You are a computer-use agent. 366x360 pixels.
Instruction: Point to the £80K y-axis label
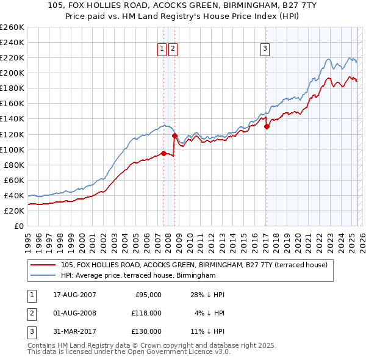coord(13,165)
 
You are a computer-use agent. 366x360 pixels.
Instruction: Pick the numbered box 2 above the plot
coord(173,49)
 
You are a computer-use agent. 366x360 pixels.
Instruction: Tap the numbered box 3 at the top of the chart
coord(266,49)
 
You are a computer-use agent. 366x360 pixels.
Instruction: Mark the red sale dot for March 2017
coord(267,126)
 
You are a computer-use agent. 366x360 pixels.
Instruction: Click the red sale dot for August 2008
coord(174,135)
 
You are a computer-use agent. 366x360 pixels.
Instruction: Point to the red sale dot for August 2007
coord(163,153)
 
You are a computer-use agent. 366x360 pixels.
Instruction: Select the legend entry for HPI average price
coord(138,276)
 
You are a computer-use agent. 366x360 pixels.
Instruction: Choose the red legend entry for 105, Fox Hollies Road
coord(195,265)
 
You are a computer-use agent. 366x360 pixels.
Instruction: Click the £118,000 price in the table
coord(147,313)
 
